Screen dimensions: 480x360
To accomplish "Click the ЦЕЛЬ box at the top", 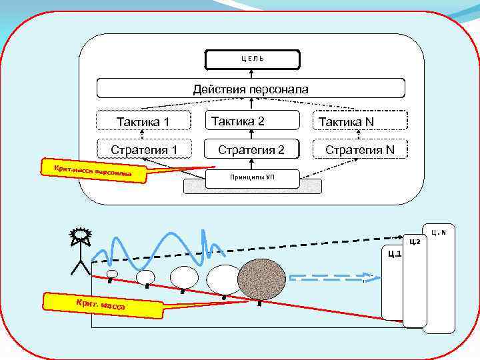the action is click(x=251, y=59).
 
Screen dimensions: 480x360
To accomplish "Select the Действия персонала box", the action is click(x=251, y=89).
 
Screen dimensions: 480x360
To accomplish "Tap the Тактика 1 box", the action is click(x=143, y=121).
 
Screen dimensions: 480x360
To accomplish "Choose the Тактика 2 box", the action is click(x=250, y=121).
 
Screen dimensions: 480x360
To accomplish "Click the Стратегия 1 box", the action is click(x=144, y=149).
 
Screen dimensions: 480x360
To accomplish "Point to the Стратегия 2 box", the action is click(x=251, y=149).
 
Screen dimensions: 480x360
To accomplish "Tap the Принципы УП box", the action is click(x=251, y=177).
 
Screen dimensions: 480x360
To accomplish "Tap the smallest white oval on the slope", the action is click(x=113, y=273).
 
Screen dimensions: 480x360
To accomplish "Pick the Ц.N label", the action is click(x=438, y=232).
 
